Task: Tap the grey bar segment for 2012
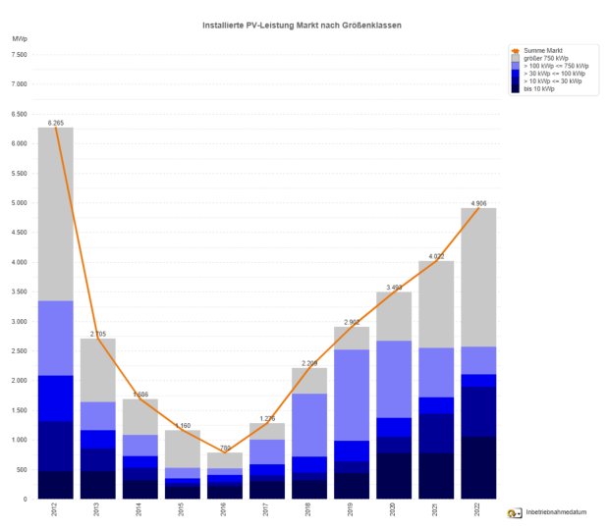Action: click(x=55, y=214)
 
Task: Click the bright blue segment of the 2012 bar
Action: click(x=55, y=398)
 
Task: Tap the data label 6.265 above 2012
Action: click(x=55, y=123)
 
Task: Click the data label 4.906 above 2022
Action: click(x=478, y=203)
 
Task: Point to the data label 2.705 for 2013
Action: click(x=97, y=334)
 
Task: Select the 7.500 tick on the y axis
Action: click(x=19, y=55)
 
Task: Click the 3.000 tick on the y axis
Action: click(x=19, y=322)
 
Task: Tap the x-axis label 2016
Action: click(x=224, y=511)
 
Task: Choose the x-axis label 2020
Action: click(x=394, y=511)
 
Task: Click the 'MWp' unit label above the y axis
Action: click(x=21, y=38)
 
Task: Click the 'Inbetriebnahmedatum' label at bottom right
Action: click(x=555, y=513)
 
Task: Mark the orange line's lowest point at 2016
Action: click(x=224, y=452)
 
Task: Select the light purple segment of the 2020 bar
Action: click(x=394, y=379)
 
